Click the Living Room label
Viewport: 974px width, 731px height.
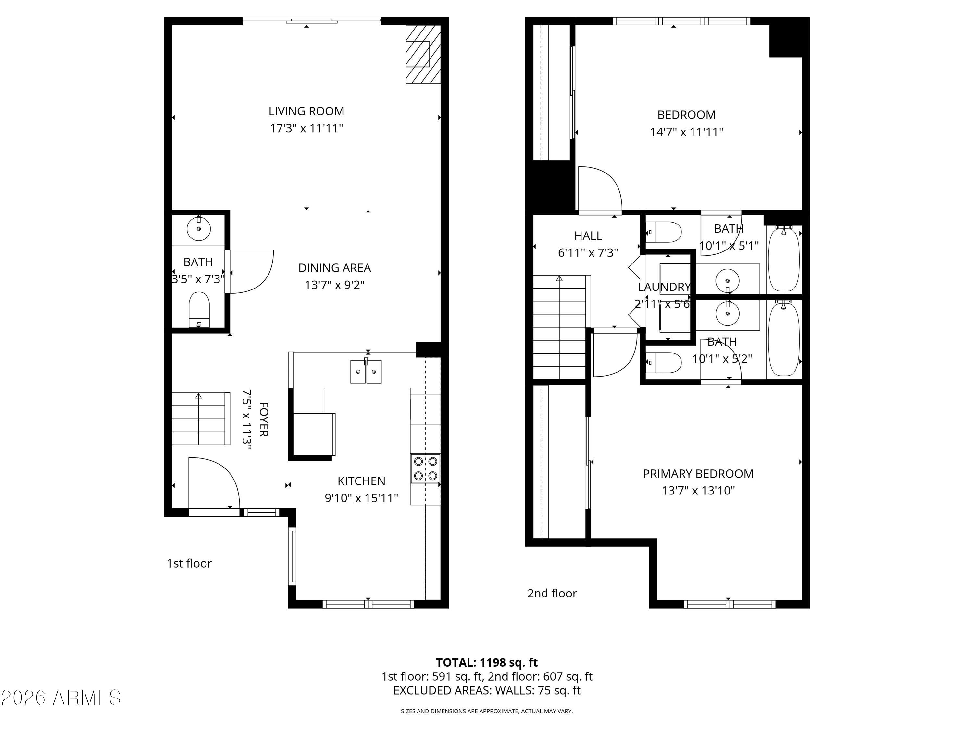pos(306,111)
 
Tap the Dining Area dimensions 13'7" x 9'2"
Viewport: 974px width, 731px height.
pos(335,285)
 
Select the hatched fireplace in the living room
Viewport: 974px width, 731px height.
pos(423,54)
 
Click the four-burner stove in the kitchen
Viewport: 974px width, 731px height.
pos(425,468)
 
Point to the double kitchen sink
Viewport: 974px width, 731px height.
pos(366,371)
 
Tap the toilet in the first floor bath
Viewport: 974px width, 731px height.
pos(199,308)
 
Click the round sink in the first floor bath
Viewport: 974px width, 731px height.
pos(199,229)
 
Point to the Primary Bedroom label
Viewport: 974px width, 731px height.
pos(698,474)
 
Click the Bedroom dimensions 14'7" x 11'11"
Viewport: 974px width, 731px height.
pos(686,132)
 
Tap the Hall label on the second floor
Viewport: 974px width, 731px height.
pos(588,236)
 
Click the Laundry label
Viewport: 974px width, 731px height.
pos(664,287)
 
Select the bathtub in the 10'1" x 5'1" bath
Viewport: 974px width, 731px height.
pos(783,259)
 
